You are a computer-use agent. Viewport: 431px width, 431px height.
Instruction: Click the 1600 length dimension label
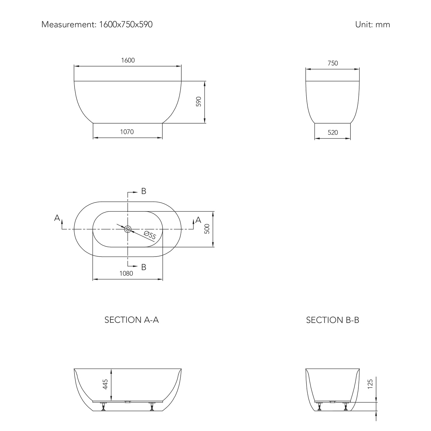pos(128,60)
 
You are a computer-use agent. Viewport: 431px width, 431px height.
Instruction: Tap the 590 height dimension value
pos(199,102)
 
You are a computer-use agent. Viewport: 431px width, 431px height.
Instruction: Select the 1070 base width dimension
pos(127,132)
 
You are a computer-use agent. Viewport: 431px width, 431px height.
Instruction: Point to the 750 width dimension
pos(333,63)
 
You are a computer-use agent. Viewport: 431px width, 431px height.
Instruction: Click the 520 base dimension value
pos(333,132)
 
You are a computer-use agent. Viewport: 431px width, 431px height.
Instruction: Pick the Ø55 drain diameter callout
pos(150,235)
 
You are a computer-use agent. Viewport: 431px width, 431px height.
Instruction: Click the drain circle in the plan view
pos(128,229)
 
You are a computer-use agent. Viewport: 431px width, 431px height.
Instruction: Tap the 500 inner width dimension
pos(207,229)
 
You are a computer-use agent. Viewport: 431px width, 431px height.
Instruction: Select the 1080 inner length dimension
pos(126,273)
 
